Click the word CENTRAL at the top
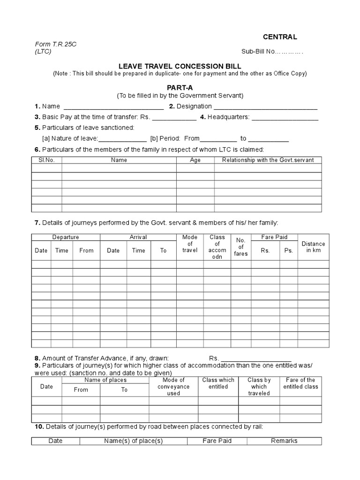point(279,37)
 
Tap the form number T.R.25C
point(56,44)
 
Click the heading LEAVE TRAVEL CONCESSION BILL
point(180,67)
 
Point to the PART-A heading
point(180,88)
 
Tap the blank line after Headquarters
point(285,118)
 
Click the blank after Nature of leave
point(122,139)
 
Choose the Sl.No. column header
point(47,160)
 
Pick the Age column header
point(195,160)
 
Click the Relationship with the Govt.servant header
point(268,160)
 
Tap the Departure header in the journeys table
point(66,237)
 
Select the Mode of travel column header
point(190,244)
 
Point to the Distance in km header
point(313,247)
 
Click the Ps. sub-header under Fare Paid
point(288,251)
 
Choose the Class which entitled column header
point(218,383)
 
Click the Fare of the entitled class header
point(300,383)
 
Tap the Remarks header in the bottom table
point(284,441)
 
